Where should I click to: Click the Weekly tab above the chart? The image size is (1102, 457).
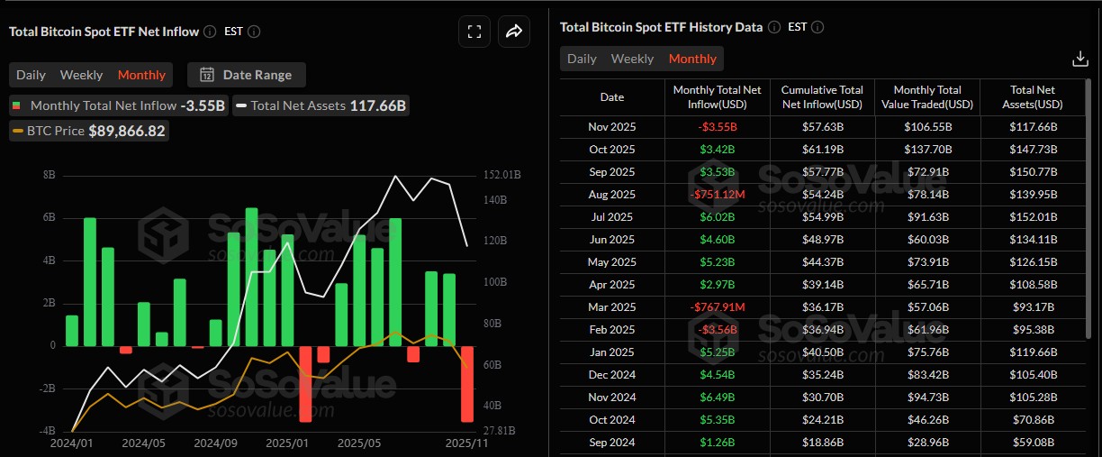click(x=81, y=75)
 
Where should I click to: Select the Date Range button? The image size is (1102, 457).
click(x=246, y=75)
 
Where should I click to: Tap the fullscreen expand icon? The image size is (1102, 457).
click(x=474, y=32)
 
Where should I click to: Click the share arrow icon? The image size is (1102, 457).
click(x=513, y=32)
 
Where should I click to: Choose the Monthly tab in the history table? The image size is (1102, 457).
click(x=692, y=59)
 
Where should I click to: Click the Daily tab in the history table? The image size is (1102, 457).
click(x=582, y=59)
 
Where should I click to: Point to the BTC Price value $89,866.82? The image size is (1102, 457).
click(x=127, y=131)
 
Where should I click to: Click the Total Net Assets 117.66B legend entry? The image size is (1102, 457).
click(x=321, y=105)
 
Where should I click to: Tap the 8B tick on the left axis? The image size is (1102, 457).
click(x=49, y=174)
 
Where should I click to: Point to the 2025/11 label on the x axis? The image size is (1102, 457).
click(x=467, y=443)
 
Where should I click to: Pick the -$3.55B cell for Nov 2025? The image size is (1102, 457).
click(x=717, y=127)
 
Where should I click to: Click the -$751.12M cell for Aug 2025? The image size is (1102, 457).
click(x=717, y=195)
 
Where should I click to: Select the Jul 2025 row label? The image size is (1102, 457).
click(x=611, y=217)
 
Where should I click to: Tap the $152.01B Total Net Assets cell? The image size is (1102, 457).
click(x=1033, y=217)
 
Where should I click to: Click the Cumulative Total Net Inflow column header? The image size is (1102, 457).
click(x=821, y=96)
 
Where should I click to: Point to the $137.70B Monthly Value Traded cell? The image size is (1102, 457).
click(x=927, y=150)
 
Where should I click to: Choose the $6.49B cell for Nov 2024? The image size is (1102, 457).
click(x=717, y=398)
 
